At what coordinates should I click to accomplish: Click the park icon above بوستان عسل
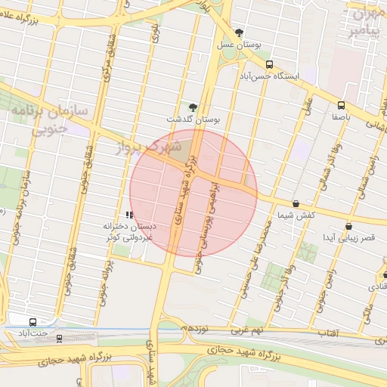240,33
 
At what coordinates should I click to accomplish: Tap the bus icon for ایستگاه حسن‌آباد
270,65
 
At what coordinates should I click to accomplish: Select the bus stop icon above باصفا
341,105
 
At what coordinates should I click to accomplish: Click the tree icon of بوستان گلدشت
193,107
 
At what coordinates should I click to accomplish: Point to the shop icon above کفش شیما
295,203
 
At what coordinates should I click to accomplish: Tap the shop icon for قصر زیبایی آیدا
348,225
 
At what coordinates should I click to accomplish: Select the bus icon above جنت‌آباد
32,321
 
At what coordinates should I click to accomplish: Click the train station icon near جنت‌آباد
60,339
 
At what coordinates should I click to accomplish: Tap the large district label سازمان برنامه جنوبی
49,119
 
